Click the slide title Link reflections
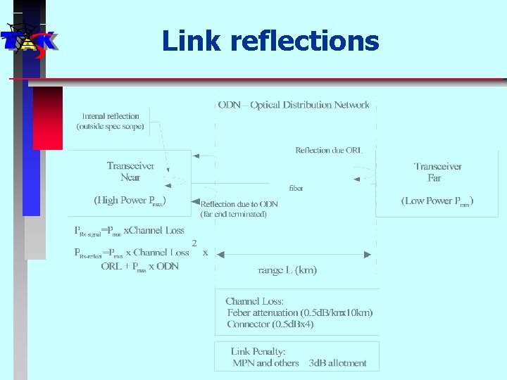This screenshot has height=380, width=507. pos(270,41)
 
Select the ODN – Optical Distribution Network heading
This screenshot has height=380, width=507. pos(294,105)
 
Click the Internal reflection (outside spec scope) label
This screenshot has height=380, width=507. pos(111,122)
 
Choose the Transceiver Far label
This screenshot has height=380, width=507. pos(437,172)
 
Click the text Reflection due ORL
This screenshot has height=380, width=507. pos(328,150)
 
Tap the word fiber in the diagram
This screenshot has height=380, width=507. pos(296,188)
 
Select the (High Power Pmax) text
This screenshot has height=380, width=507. pos(130,201)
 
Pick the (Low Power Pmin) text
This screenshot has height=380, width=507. pos(437,201)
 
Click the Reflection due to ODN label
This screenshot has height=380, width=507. pos(239,204)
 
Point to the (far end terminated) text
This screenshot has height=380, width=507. pos(234,213)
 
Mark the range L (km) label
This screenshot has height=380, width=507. pos(288,270)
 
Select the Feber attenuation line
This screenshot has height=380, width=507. pos(300,312)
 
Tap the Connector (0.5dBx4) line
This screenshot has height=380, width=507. pos(270,324)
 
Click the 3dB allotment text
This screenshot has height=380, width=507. pos(337,363)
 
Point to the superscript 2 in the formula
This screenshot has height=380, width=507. pos(194,243)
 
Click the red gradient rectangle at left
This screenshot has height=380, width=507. pos(48,118)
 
